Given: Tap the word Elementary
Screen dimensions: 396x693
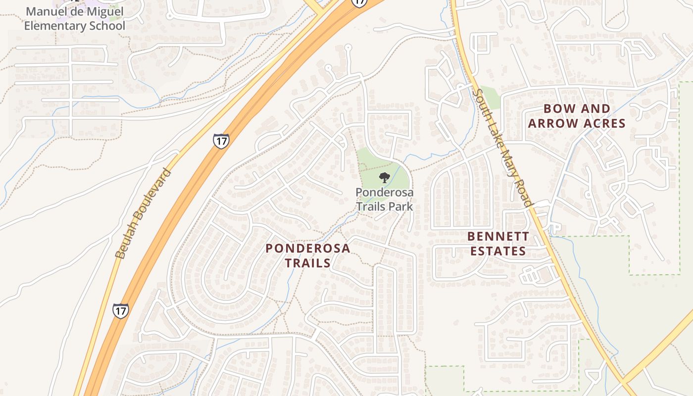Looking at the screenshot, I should tap(52, 25).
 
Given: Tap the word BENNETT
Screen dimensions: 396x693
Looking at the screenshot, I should tap(498, 236).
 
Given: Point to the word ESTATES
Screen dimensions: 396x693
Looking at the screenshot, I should tap(498, 251).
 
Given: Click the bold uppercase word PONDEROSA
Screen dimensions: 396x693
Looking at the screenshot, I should tap(307, 248).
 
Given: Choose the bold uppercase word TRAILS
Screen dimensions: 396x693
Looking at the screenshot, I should tap(307, 263).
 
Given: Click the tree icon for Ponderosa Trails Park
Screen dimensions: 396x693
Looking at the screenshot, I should tap(384, 178).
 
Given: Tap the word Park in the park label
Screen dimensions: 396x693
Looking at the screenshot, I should tap(400, 206).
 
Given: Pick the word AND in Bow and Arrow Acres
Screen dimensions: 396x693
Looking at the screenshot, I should tap(594, 109).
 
